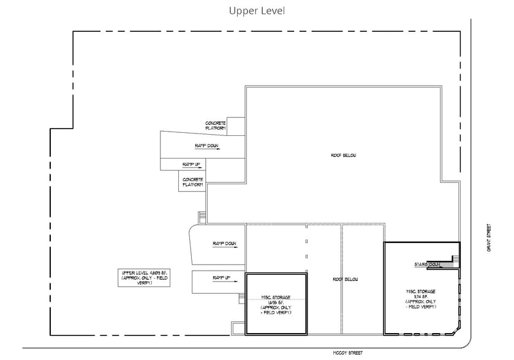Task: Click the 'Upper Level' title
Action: pyautogui.click(x=257, y=11)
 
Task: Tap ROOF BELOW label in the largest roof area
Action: pyautogui.click(x=344, y=156)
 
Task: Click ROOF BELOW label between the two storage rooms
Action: pyautogui.click(x=345, y=279)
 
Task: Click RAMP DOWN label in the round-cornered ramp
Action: pyautogui.click(x=224, y=244)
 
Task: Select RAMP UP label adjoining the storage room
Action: pyautogui.click(x=221, y=278)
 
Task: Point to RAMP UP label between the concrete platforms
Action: pyautogui.click(x=191, y=165)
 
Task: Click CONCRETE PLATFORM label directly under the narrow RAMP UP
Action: pyautogui.click(x=193, y=182)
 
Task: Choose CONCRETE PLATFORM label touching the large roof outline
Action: pyautogui.click(x=216, y=126)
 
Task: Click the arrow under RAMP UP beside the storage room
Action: pyautogui.click(x=222, y=283)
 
